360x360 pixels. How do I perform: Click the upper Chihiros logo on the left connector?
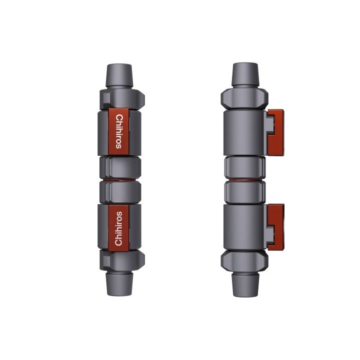click(x=119, y=132)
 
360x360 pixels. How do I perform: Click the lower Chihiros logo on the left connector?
click(x=118, y=228)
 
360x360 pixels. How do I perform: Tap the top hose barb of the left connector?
click(x=119, y=75)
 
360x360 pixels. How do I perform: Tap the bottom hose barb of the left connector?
click(x=119, y=284)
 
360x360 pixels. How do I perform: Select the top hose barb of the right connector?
click(x=245, y=74)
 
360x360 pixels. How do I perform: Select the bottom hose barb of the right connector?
click(x=245, y=284)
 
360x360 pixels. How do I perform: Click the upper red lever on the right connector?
click(x=276, y=132)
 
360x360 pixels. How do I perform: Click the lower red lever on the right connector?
click(x=276, y=227)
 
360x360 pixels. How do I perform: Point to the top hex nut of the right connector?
click(x=244, y=98)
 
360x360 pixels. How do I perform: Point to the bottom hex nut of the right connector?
click(x=244, y=261)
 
